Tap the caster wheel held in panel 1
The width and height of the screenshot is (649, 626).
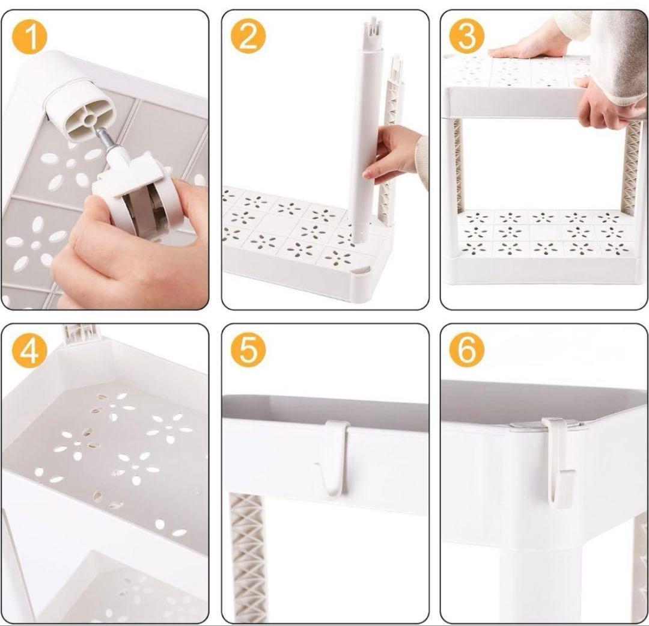[x=140, y=195]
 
